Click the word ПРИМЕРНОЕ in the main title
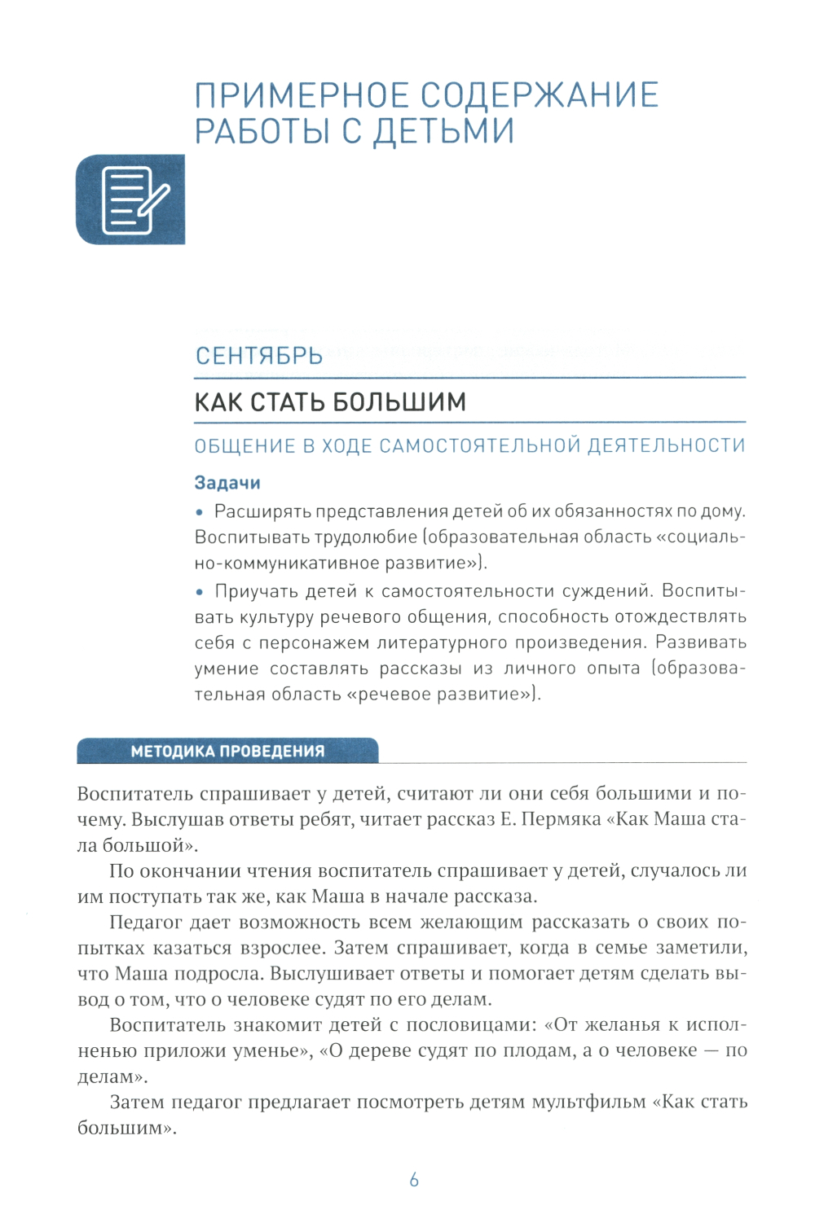(x=302, y=95)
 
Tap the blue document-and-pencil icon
(x=131, y=199)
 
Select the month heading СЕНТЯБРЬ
(x=259, y=356)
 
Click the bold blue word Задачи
(x=227, y=483)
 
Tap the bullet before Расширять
(x=200, y=512)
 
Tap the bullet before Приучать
(x=200, y=591)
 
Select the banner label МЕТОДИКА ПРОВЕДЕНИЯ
(x=227, y=751)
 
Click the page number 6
(x=414, y=1179)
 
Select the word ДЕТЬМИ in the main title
(x=444, y=131)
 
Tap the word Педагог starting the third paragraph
(x=147, y=922)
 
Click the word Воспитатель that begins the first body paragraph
(x=134, y=793)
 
